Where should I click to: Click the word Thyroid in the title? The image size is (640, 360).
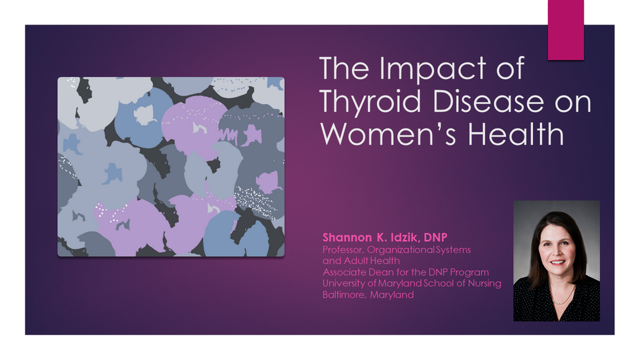(370, 102)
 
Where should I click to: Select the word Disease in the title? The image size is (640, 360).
(488, 101)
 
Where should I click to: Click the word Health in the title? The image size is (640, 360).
(516, 133)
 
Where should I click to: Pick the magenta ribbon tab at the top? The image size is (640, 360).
(566, 30)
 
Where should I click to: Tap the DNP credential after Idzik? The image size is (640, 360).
(435, 237)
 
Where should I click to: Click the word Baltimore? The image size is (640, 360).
(344, 294)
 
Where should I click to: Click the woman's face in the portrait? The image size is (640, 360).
(557, 249)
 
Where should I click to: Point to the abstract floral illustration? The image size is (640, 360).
(171, 166)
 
